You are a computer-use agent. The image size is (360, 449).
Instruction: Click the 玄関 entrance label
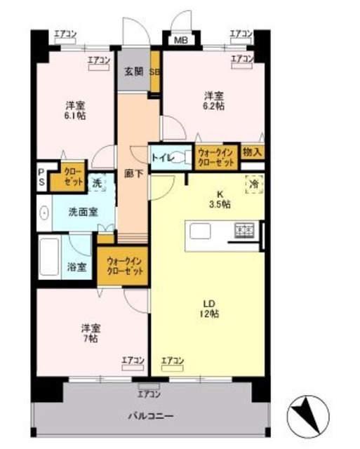tap(133, 71)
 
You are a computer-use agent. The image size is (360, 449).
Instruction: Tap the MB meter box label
tap(180, 40)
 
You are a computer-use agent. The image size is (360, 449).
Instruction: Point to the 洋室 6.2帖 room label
tap(214, 100)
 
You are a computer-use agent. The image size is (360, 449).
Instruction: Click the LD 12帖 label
tap(209, 309)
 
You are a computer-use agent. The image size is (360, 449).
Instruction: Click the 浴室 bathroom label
tap(76, 267)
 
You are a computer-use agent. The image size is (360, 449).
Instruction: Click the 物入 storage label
tap(252, 152)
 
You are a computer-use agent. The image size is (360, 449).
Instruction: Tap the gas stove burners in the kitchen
tap(244, 230)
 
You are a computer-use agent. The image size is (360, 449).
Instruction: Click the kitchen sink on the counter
tap(199, 231)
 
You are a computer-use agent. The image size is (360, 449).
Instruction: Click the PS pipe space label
tap(41, 177)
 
